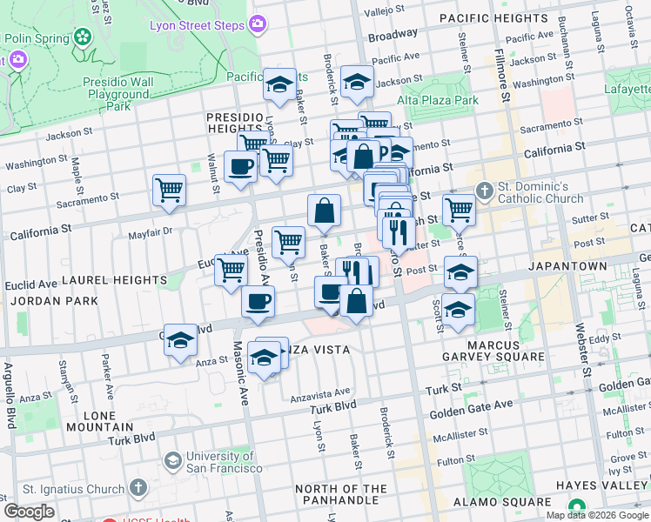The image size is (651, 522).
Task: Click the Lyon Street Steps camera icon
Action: tap(257, 25)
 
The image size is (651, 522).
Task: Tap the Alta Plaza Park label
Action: tap(439, 100)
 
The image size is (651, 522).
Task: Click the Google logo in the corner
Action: tap(28, 512)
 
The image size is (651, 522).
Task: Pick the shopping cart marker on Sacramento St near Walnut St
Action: tap(169, 191)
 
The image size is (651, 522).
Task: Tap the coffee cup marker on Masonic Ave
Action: tap(258, 303)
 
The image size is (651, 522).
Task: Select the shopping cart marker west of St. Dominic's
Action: tap(458, 209)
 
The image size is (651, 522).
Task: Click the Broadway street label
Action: tap(393, 35)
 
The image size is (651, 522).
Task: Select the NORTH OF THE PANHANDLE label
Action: tap(340, 494)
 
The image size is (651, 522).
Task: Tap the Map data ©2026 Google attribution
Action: tap(596, 514)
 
